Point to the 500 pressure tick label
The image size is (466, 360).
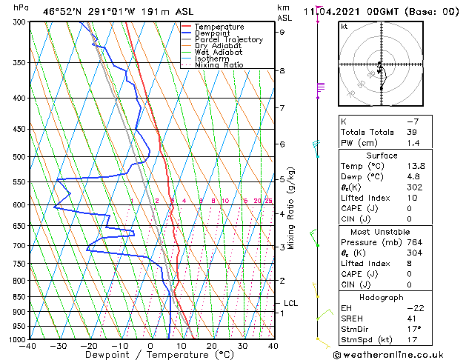pyautogui.click(x=17, y=157)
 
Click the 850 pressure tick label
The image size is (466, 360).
pyautogui.click(x=17, y=297)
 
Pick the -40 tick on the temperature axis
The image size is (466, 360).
pyautogui.click(x=29, y=346)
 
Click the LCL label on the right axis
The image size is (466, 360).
pyautogui.click(x=291, y=303)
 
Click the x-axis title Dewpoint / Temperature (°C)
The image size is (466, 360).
pyautogui.click(x=150, y=355)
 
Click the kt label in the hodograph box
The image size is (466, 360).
pyautogui.click(x=344, y=27)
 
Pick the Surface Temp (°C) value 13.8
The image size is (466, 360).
pyautogui.click(x=412, y=167)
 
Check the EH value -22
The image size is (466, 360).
pyautogui.click(x=411, y=307)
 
